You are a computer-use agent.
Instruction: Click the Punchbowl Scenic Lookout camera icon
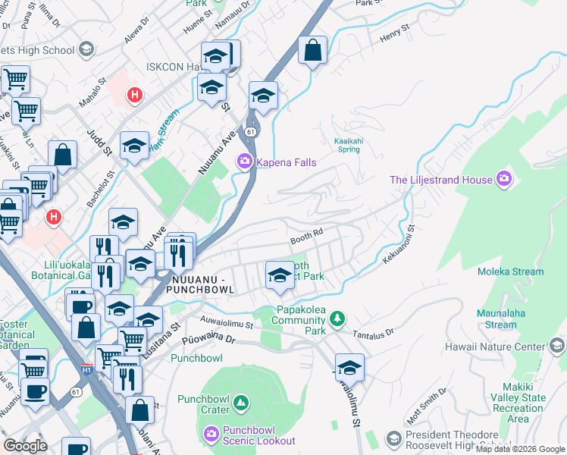pos(212,434)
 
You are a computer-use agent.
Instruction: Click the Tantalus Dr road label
pos(371,332)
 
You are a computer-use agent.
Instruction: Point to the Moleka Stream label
pos(510,271)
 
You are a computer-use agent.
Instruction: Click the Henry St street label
pos(394,32)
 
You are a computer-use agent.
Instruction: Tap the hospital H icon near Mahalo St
pos(134,96)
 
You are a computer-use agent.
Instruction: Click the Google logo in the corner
pos(25,445)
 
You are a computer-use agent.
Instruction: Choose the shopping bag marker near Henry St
pos(312,51)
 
